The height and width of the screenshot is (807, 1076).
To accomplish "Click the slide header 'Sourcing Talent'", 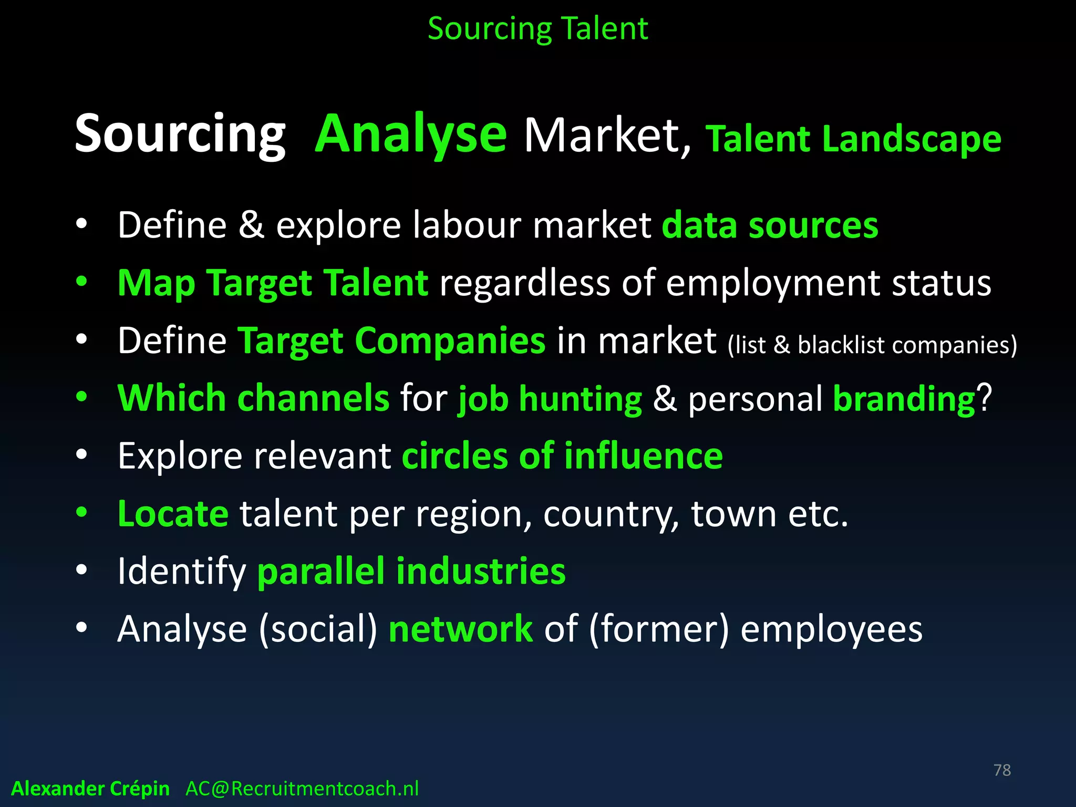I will [x=537, y=29].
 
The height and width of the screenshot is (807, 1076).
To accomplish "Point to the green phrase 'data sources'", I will [x=770, y=225].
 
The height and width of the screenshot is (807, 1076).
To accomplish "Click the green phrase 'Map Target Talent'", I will [x=273, y=283].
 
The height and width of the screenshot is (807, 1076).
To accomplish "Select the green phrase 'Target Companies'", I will [x=391, y=341].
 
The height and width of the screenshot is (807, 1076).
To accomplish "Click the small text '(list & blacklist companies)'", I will [x=872, y=345].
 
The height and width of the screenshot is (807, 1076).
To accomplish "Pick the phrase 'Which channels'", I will [x=253, y=398].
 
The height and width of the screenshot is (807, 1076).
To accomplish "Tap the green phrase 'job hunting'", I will [x=550, y=399].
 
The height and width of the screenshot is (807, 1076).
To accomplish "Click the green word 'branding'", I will [x=904, y=399].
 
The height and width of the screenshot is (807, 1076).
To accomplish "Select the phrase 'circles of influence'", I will [x=562, y=456].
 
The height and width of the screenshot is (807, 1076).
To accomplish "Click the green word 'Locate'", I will [x=173, y=513].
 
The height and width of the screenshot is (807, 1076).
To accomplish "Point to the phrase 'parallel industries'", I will [x=411, y=571].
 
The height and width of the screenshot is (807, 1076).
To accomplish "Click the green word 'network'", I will [x=460, y=629].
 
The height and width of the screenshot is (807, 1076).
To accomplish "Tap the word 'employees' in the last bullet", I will [x=831, y=630].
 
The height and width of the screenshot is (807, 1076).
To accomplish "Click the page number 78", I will [x=1002, y=770].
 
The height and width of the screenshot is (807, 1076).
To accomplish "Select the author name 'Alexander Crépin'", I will [x=90, y=789].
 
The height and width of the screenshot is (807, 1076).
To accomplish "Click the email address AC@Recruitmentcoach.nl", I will [x=302, y=789].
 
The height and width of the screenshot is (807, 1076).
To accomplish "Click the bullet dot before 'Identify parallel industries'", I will [x=81, y=570].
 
